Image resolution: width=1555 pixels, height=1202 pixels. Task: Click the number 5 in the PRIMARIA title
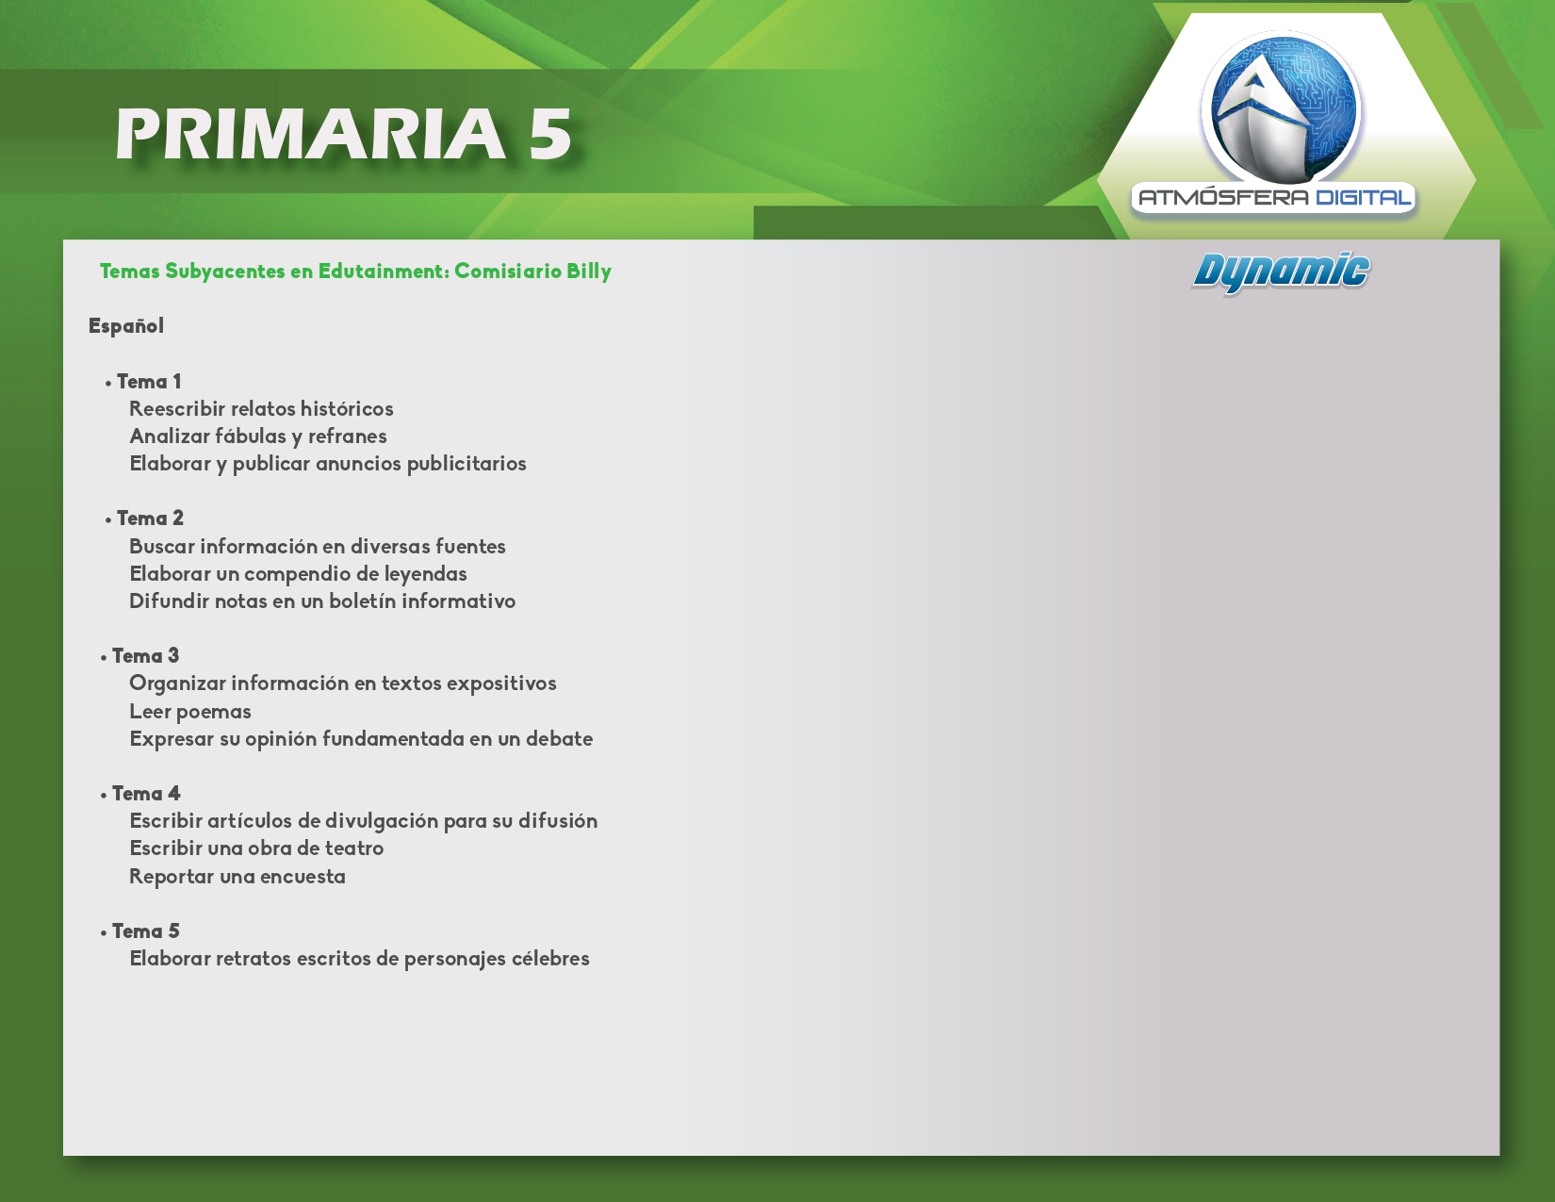[550, 134]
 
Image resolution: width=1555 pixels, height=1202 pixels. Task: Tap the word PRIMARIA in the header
[311, 134]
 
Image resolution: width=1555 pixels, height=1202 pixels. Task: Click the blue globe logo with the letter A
[1282, 108]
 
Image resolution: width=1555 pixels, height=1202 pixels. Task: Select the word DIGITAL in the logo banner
[1363, 197]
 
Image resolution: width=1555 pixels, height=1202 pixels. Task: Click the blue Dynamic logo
[1281, 272]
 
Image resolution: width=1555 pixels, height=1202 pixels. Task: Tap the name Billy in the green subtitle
[589, 272]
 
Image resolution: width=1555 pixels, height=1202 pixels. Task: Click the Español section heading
[126, 326]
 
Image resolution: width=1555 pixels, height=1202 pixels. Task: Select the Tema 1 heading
[149, 382]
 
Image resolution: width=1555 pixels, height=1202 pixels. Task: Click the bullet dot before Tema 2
[108, 520]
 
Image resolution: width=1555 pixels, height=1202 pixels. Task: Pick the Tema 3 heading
[145, 656]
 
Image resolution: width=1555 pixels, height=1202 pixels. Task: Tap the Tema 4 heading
[146, 794]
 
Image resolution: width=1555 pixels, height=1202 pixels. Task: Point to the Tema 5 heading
[145, 931]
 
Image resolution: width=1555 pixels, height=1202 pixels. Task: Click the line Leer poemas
[190, 713]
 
